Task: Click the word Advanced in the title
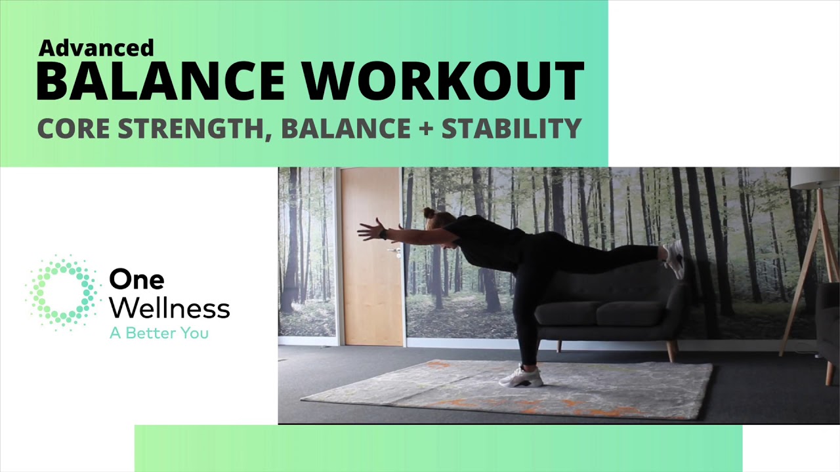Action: (96, 48)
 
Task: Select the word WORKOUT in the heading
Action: (443, 81)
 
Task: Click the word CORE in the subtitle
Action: (72, 128)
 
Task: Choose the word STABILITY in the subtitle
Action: (512, 128)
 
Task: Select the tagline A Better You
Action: (159, 333)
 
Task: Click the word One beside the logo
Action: (136, 279)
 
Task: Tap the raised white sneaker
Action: (673, 258)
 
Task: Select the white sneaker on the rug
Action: (522, 377)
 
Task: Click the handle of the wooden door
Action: (395, 250)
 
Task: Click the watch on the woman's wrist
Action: (383, 234)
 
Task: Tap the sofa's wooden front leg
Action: (671, 351)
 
